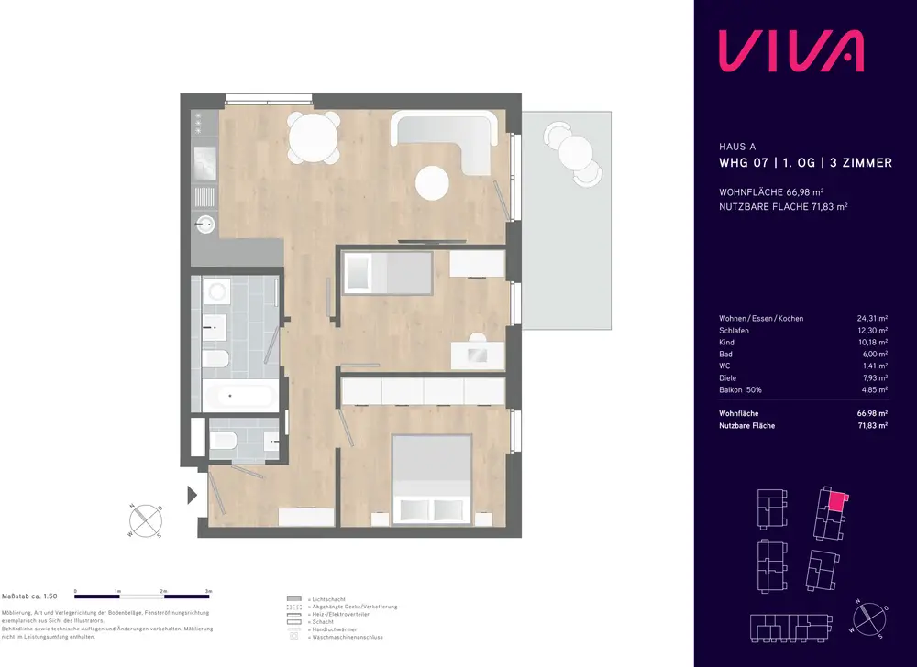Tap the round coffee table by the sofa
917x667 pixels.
tap(433, 183)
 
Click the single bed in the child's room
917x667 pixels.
tap(387, 272)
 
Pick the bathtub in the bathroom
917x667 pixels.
tap(238, 396)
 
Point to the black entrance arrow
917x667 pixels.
tap(193, 496)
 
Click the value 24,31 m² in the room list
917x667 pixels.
tap(870, 319)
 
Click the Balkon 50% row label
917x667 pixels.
tap(741, 390)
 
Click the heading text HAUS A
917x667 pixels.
tap(738, 146)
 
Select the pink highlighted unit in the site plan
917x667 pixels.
tap(835, 499)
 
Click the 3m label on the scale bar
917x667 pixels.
tap(209, 591)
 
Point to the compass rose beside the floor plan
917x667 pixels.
tap(147, 519)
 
